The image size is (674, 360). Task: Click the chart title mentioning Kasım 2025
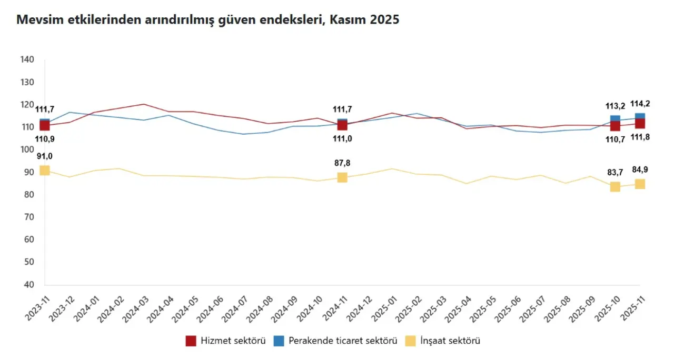pos(208,21)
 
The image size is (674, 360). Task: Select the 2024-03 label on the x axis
pos(134,306)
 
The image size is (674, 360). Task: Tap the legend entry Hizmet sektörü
pos(225,341)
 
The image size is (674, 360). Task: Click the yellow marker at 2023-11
pos(45,170)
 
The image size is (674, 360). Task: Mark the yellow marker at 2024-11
pos(342,177)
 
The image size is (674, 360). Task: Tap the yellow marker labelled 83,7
pos(615,187)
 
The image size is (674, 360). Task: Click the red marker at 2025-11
pos(640,124)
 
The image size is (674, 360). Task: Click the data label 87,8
pos(342,163)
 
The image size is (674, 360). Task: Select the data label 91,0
pos(45,156)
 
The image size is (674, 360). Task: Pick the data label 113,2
pos(615,106)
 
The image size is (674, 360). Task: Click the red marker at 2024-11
pos(342,125)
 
